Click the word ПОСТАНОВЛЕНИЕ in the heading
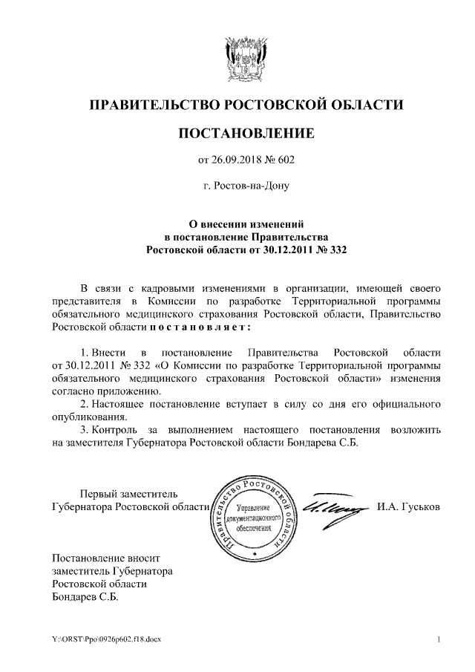coord(246,134)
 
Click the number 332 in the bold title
coord(337,250)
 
